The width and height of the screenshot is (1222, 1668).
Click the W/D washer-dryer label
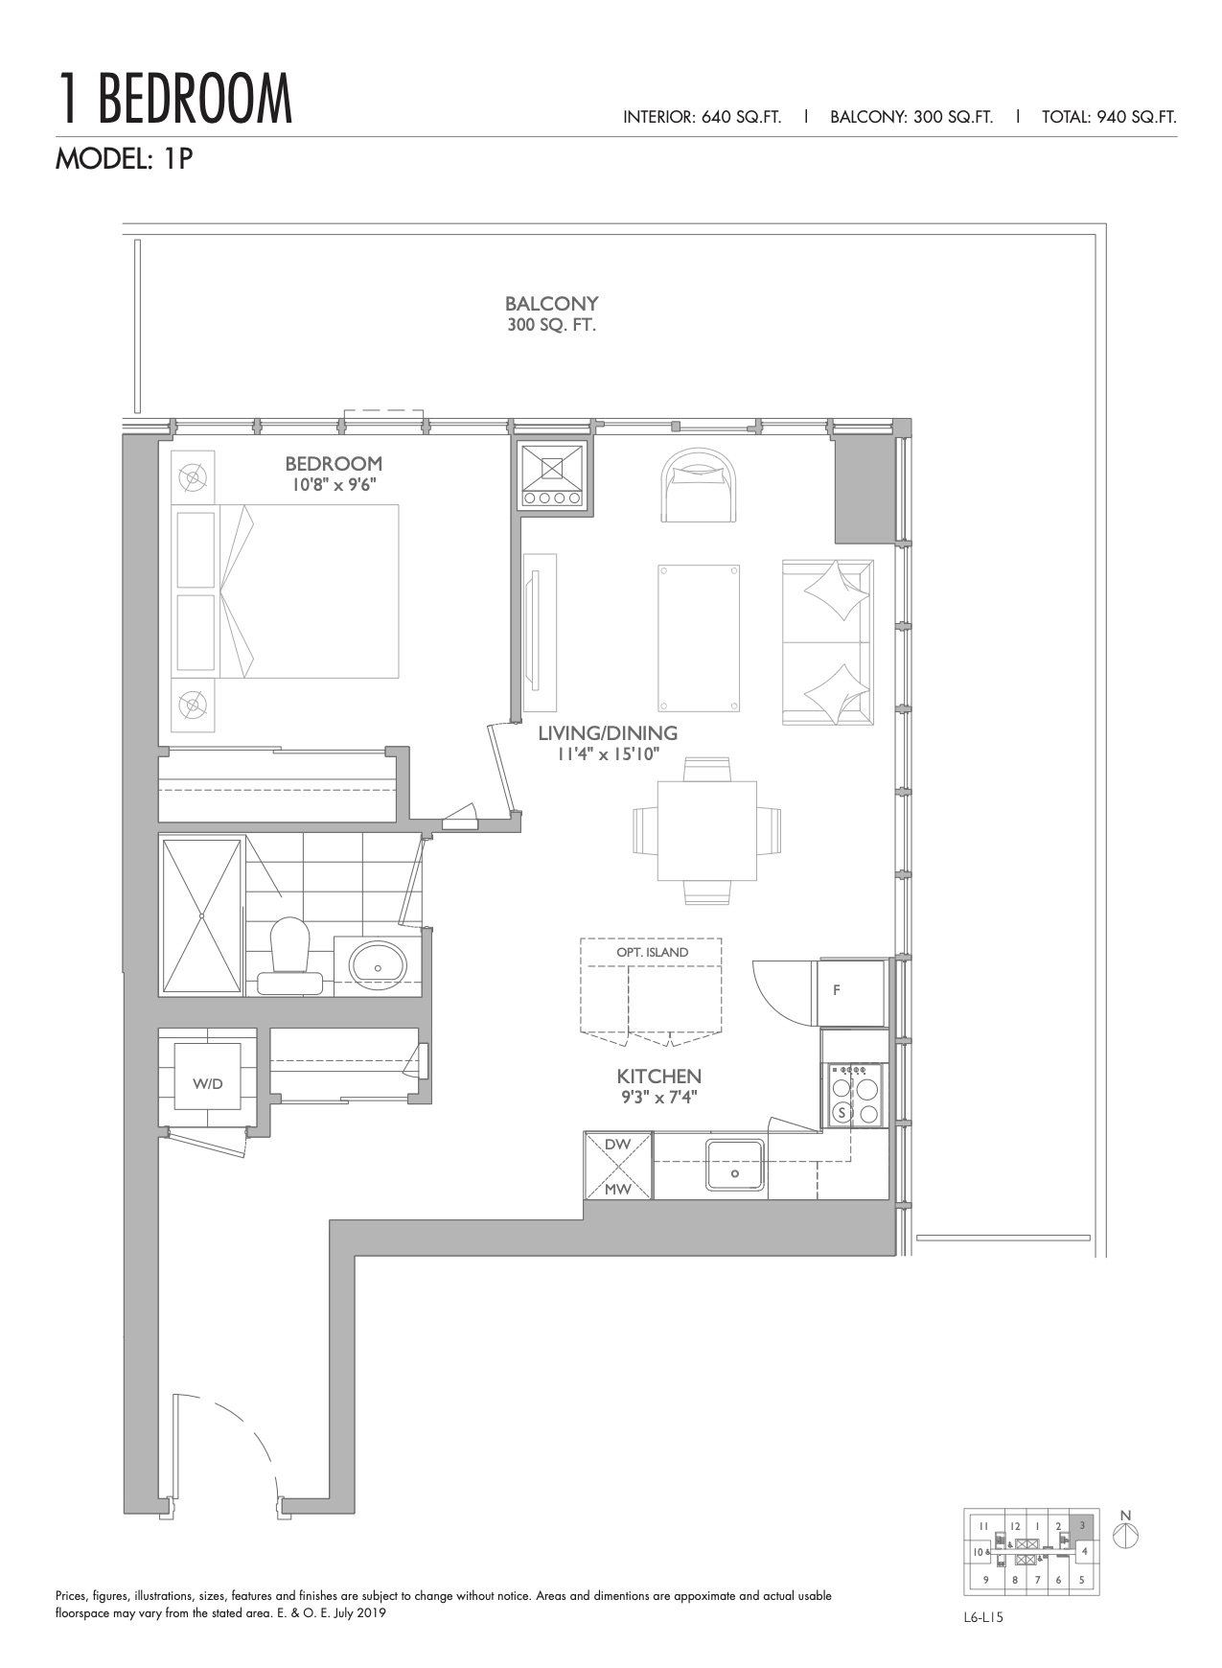(x=207, y=1084)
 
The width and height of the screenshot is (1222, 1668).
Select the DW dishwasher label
(x=617, y=1144)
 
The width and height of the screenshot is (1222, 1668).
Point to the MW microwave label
(x=617, y=1190)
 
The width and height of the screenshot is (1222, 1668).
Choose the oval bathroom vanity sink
(x=378, y=964)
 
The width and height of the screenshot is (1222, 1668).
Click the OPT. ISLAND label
(x=652, y=952)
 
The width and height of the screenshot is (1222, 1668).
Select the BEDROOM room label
(x=334, y=464)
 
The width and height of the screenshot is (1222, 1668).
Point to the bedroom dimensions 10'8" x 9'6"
(x=334, y=485)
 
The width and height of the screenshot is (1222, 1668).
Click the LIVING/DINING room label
(x=608, y=733)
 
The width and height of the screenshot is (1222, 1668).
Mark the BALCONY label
(x=552, y=304)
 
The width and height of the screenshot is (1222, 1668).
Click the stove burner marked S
(x=842, y=1112)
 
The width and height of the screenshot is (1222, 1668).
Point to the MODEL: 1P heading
(x=125, y=158)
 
